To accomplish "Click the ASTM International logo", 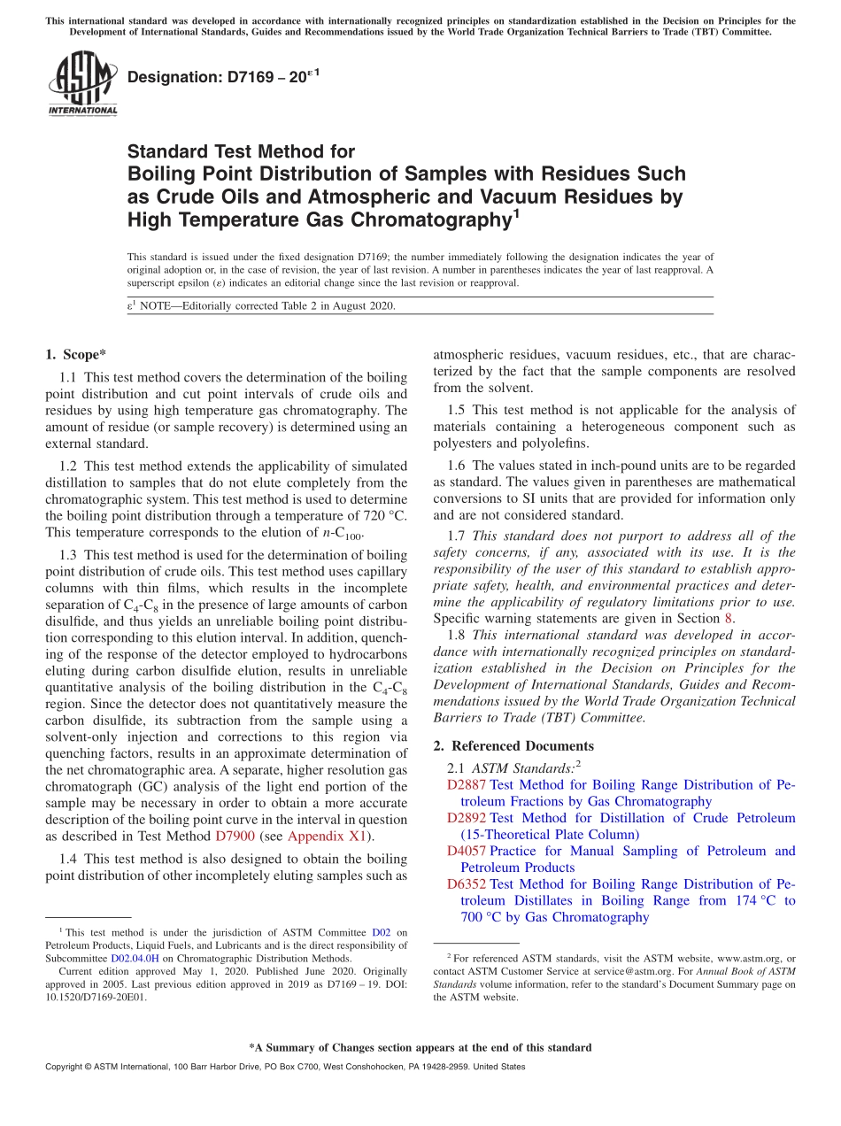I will (82, 83).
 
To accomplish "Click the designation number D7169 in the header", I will (240, 77).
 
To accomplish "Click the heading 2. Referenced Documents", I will (513, 745).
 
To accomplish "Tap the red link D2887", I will (467, 784).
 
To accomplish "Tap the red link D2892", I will (467, 818).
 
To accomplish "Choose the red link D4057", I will (467, 851).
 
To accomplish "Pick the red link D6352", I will (467, 883).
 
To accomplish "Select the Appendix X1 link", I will (325, 836).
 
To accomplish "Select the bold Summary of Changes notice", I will (420, 1047).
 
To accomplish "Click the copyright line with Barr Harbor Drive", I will (284, 1067).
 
